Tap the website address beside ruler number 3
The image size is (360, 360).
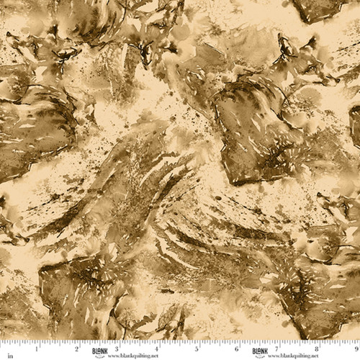coord(130,354)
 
